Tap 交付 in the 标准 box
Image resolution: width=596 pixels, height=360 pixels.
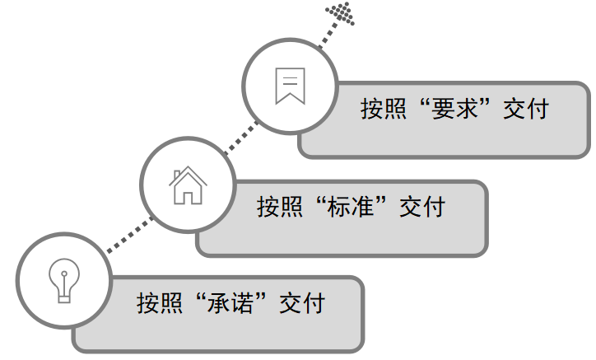click(x=421, y=205)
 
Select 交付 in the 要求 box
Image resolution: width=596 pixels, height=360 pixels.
click(x=524, y=109)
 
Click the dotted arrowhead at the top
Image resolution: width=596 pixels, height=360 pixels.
click(x=340, y=12)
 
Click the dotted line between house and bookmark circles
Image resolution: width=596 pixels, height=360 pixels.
click(x=234, y=139)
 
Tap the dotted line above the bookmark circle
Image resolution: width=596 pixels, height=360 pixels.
click(x=326, y=37)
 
